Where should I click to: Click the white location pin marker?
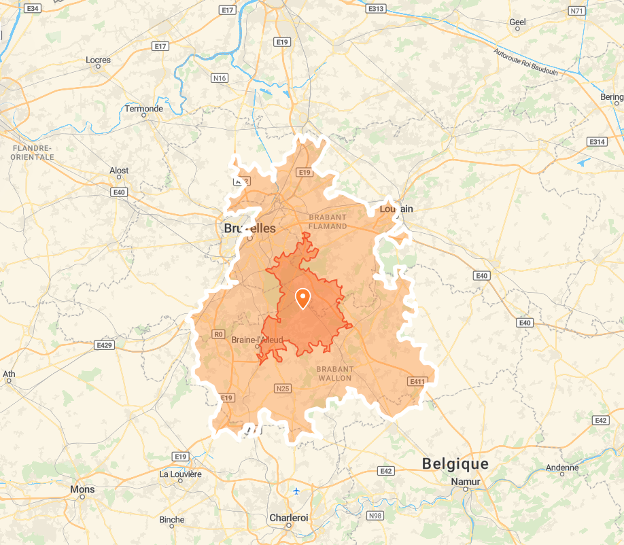[x=302, y=298]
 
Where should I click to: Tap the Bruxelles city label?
[x=249, y=228]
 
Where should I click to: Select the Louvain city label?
[x=396, y=209]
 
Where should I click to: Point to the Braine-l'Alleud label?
[x=257, y=340]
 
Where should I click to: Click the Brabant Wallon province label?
[x=334, y=373]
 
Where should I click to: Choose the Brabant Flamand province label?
[x=328, y=222]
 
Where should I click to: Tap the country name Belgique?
[x=455, y=463]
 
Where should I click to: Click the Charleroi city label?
[x=289, y=518]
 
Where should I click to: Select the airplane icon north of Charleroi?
[x=296, y=491]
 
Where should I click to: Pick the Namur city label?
[x=466, y=482]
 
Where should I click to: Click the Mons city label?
[x=82, y=489]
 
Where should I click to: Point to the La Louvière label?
[x=180, y=474]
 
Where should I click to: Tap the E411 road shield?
[x=417, y=382]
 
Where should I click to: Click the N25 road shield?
[x=283, y=389]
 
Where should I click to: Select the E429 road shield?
[x=103, y=345]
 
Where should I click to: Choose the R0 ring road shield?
[x=218, y=334]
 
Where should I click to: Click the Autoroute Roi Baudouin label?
[x=525, y=63]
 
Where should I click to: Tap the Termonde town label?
[x=143, y=109]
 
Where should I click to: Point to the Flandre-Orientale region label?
[x=31, y=152]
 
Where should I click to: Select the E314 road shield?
[x=597, y=141]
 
